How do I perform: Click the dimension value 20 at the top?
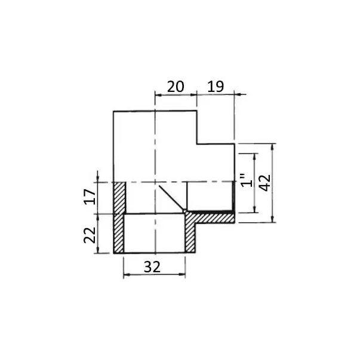pyautogui.click(x=176, y=87)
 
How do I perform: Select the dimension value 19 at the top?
pyautogui.click(x=216, y=87)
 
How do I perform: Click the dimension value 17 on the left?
pyautogui.click(x=90, y=196)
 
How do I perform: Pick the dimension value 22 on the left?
pyautogui.click(x=90, y=235)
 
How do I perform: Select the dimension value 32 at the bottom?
pyautogui.click(x=152, y=267)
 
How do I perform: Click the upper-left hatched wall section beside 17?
pyautogui.click(x=120, y=198)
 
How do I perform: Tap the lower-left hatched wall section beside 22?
pyautogui.click(x=119, y=233)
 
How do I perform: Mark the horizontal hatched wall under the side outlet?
pyautogui.click(x=210, y=218)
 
